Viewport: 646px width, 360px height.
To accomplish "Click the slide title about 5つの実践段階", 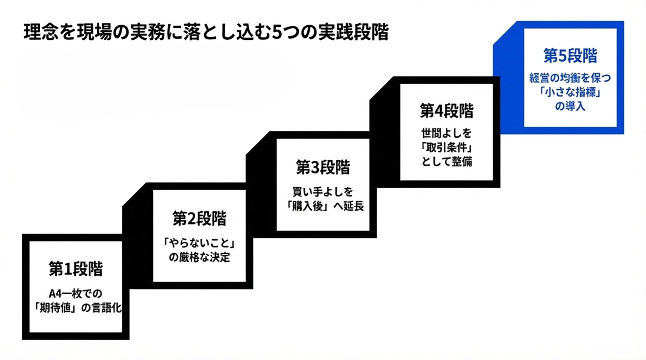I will pyautogui.click(x=206, y=33).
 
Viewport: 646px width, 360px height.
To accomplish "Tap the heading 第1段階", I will pyautogui.click(x=76, y=269).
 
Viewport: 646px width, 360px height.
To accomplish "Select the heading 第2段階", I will pyautogui.click(x=199, y=219).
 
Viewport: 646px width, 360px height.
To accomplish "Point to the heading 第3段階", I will pyautogui.click(x=323, y=168).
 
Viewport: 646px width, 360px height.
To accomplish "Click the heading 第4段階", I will pyautogui.click(x=447, y=111).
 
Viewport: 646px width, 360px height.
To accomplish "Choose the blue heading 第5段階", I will pyautogui.click(x=570, y=56).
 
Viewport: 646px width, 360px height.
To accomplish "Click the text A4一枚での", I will pyautogui.click(x=76, y=293).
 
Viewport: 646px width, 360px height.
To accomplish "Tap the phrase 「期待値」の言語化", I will pyautogui.click(x=77, y=308).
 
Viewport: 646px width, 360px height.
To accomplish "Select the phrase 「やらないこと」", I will pyautogui.click(x=199, y=242).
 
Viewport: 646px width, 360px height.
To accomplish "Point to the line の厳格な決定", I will pyautogui.click(x=199, y=257).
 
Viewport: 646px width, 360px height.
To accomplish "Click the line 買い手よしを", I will pyautogui.click(x=323, y=192).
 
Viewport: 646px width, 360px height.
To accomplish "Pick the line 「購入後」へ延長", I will pyautogui.click(x=325, y=206).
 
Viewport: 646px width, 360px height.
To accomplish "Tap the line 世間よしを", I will pyautogui.click(x=447, y=133).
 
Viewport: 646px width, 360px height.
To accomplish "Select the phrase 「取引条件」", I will pyautogui.click(x=447, y=147).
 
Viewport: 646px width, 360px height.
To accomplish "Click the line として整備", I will pyautogui.click(x=447, y=162).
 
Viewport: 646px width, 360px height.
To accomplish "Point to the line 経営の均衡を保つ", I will pyautogui.click(x=570, y=78).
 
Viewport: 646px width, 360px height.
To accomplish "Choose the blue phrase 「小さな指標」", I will pyautogui.click(x=570, y=92).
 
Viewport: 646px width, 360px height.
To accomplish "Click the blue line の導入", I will pyautogui.click(x=570, y=106).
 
